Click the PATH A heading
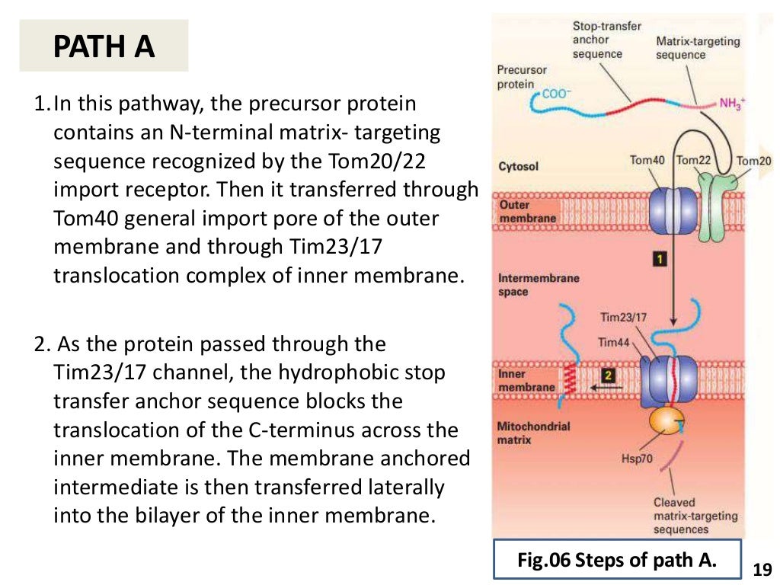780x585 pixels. coord(104,46)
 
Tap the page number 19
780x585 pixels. coord(762,569)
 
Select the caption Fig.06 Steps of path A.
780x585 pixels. coord(617,561)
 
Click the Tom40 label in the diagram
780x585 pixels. coord(647,160)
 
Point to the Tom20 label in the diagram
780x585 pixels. coord(754,160)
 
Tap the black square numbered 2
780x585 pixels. coord(608,375)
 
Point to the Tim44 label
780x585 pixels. coord(614,343)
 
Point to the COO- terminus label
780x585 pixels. coord(555,94)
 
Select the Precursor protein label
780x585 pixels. coord(522,77)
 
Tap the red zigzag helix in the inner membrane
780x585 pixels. coord(568,376)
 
